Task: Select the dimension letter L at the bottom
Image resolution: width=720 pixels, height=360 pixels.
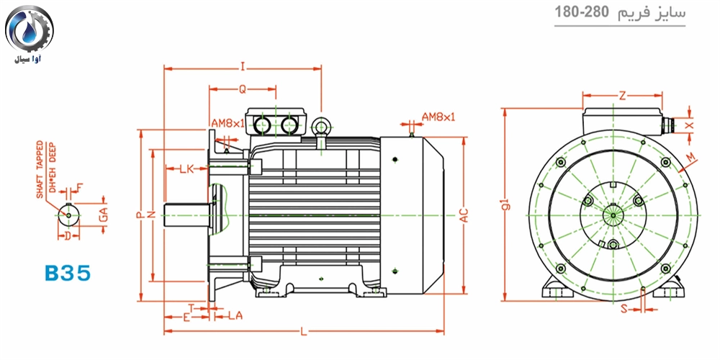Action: click(303, 331)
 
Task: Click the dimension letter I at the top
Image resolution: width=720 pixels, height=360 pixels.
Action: click(243, 67)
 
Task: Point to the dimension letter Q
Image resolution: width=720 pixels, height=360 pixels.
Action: click(242, 89)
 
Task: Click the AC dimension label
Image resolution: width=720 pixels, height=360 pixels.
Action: click(464, 215)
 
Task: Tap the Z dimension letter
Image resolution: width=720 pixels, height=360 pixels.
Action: click(621, 94)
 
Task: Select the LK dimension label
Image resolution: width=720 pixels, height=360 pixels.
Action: click(186, 169)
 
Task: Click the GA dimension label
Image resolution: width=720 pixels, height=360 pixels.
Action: click(103, 214)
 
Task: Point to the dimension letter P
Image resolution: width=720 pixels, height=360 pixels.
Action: click(138, 215)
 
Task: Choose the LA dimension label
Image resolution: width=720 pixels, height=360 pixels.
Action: click(235, 315)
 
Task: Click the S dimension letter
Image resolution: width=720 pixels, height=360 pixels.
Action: click(624, 310)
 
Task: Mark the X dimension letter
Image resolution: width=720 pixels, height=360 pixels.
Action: click(690, 125)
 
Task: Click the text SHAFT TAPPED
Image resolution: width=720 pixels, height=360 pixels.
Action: click(40, 169)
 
